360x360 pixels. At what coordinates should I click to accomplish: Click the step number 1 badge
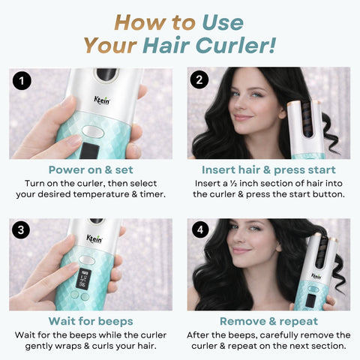(22, 81)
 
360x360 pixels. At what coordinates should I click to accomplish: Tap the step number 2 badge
(199, 79)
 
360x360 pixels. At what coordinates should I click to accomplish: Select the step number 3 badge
(21, 229)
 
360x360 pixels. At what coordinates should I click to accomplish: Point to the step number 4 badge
(200, 229)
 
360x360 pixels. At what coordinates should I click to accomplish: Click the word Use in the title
(223, 22)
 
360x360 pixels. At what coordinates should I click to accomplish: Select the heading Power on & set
(91, 170)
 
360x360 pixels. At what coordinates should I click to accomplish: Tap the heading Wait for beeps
(91, 321)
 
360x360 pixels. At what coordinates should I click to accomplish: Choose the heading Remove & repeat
(268, 322)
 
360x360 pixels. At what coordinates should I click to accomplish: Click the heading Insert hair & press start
(268, 170)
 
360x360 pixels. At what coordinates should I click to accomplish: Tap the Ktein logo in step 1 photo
(102, 100)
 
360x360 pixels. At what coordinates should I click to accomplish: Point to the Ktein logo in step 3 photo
(94, 238)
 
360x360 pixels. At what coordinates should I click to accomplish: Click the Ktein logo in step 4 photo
(316, 276)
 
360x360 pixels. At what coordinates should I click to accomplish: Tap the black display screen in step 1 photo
(89, 151)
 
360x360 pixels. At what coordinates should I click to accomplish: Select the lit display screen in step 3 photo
(82, 279)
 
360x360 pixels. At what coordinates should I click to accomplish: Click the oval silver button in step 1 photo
(93, 132)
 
